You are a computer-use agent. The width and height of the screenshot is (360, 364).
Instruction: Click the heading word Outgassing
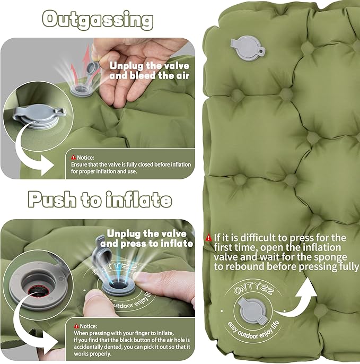tap(98, 20)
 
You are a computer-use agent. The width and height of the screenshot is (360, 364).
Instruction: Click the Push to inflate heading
tap(100, 200)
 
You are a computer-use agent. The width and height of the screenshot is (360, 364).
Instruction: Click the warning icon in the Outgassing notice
tap(73, 158)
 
